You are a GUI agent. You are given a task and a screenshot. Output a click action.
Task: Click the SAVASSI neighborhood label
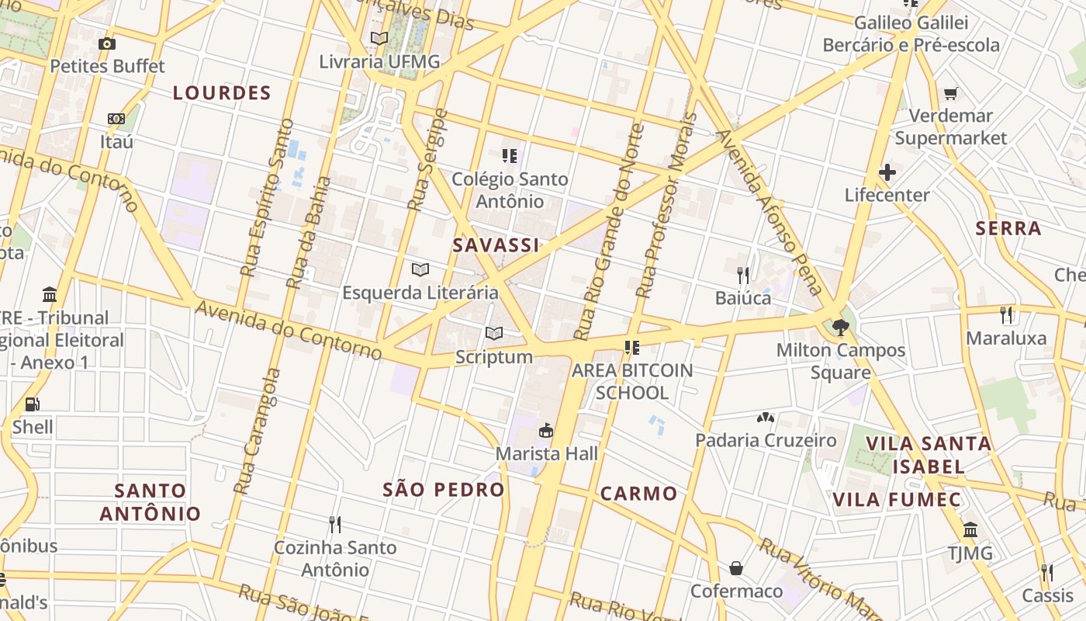[x=496, y=245]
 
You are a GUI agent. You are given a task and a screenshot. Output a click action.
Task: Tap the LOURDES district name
[x=222, y=94]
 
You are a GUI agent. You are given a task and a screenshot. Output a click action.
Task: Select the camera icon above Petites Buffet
[x=107, y=43]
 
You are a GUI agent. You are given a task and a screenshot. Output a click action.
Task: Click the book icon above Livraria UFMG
[x=379, y=38]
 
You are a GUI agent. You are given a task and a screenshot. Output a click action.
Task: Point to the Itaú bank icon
[x=116, y=119]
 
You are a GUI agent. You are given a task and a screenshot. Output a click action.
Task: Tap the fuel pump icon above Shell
[x=32, y=404]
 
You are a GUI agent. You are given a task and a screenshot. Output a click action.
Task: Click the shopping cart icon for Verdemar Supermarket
[x=950, y=94]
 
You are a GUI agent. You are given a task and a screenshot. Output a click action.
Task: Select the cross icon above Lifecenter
[x=887, y=172]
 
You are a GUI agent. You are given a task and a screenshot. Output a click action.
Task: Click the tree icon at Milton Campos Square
[x=840, y=327]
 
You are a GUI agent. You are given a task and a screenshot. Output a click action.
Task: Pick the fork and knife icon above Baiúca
[x=743, y=275]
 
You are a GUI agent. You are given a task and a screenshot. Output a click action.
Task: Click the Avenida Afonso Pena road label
[x=770, y=211]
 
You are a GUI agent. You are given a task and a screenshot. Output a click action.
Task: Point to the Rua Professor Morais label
[x=666, y=206]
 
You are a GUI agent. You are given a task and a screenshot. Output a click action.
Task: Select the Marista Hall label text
[x=547, y=453]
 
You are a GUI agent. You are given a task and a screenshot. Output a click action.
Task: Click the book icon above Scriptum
[x=494, y=334]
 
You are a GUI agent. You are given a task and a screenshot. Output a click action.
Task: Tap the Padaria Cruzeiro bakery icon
[x=766, y=418]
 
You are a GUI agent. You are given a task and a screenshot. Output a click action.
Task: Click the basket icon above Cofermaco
[x=736, y=569]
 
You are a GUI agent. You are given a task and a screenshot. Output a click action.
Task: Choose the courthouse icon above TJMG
[x=970, y=530]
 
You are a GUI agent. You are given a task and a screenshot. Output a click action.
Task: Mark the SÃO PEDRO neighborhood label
[x=444, y=490]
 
